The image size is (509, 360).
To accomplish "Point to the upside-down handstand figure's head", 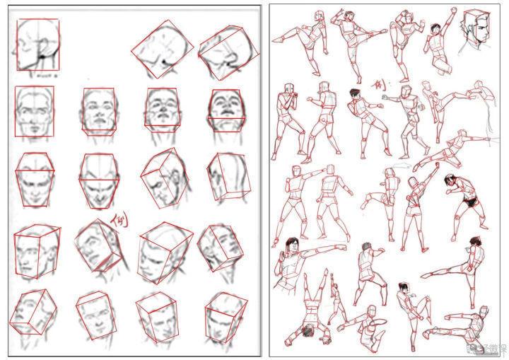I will tap(308, 330).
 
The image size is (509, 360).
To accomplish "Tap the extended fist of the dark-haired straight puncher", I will tap(346, 248).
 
